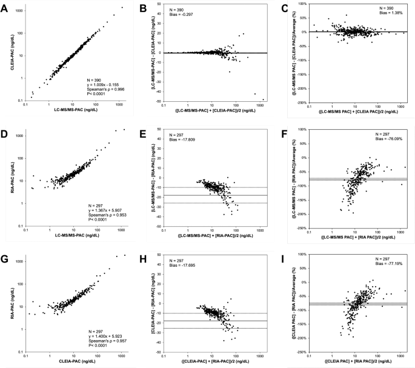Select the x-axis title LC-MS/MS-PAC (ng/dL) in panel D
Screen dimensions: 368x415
(x=73, y=239)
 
